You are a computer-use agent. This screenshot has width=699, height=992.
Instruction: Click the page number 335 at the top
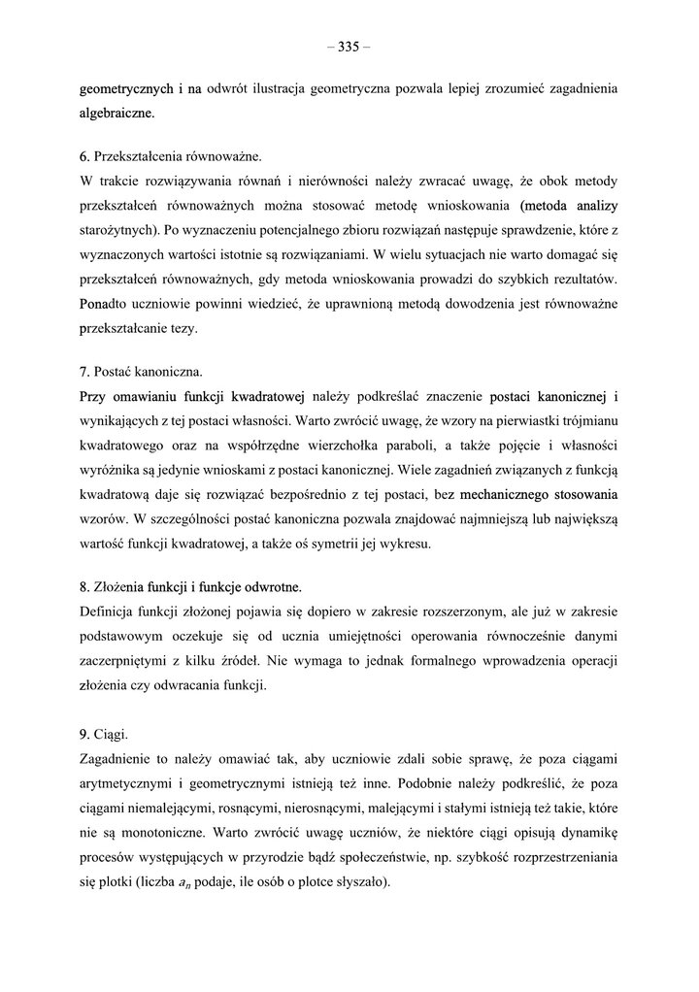(349, 46)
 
